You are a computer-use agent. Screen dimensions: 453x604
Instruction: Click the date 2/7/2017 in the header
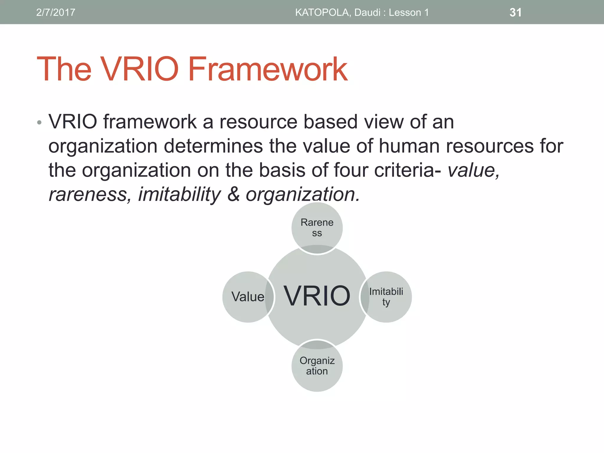tap(55, 12)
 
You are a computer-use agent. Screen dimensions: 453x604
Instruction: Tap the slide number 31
tap(515, 12)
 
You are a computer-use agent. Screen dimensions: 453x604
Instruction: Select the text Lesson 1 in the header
tap(408, 12)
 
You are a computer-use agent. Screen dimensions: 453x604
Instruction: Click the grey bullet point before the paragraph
tap(39, 122)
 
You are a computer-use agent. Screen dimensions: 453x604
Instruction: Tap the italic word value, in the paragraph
tap(474, 170)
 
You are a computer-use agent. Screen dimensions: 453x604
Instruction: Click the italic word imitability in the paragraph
tap(179, 194)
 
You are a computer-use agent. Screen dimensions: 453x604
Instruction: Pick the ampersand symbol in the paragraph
tap(233, 194)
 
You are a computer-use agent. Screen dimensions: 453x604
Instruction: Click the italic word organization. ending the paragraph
tap(303, 194)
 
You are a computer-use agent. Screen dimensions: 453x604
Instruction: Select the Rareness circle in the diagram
tap(317, 227)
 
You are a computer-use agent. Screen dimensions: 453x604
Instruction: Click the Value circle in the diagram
tap(247, 297)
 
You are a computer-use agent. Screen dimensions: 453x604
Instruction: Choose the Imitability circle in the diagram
tap(386, 297)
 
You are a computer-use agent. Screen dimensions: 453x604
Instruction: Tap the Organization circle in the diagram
tap(317, 366)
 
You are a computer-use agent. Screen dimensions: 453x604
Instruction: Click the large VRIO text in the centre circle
tap(317, 296)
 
